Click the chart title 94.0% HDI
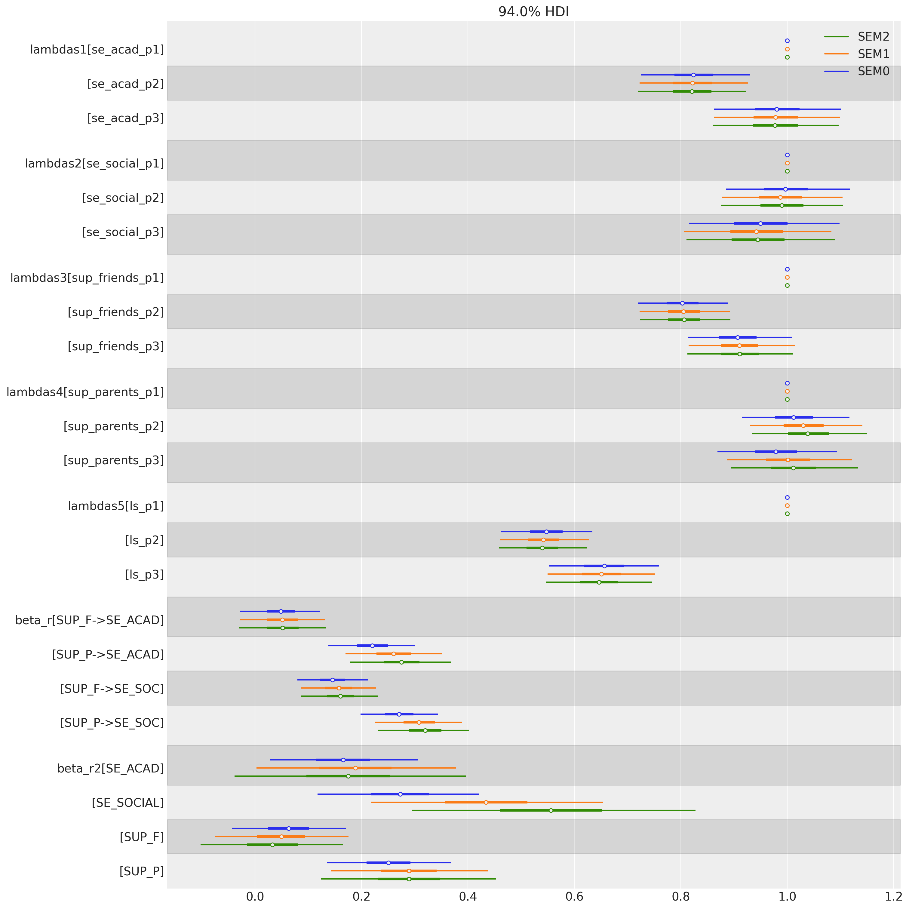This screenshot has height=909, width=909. click(533, 12)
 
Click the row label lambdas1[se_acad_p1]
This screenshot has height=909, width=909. click(97, 49)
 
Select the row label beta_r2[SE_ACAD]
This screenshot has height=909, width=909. click(111, 768)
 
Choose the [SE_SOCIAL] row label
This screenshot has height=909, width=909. click(127, 803)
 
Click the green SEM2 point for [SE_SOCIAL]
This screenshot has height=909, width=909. click(551, 810)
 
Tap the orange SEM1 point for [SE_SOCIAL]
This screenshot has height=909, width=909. click(486, 802)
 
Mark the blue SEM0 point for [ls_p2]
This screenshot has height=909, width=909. click(546, 532)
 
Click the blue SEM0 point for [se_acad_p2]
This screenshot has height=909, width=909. click(693, 75)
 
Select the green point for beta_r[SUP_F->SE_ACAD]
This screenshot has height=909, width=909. click(283, 628)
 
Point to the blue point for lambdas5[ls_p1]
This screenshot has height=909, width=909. click(787, 497)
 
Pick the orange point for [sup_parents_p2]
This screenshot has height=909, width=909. click(803, 425)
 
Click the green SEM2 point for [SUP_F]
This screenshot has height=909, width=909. click(272, 845)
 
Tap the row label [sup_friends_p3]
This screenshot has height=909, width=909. click(116, 347)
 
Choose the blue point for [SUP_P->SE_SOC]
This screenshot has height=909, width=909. click(399, 714)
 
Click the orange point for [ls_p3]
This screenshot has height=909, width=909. click(601, 574)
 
